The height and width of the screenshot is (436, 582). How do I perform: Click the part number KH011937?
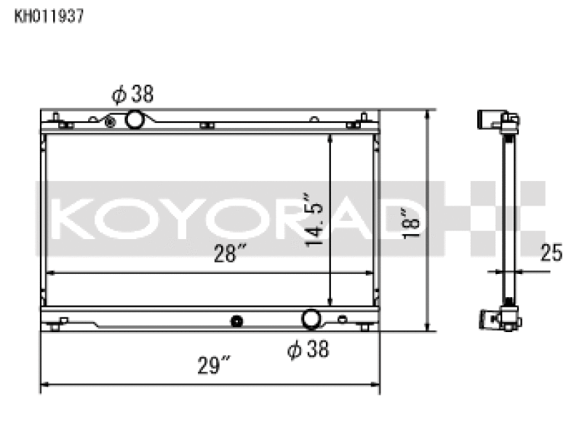(x=49, y=16)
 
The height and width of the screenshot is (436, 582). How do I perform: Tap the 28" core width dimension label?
(x=230, y=253)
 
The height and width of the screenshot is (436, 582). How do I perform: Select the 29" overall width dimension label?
(x=214, y=366)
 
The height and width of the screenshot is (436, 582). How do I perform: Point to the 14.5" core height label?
(x=314, y=220)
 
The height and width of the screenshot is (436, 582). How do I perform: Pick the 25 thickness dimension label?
(x=551, y=252)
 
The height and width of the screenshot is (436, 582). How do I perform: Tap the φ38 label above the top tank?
(x=132, y=94)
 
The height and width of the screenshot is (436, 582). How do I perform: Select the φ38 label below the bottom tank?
(x=308, y=350)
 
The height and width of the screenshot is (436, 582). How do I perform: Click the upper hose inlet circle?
(x=134, y=119)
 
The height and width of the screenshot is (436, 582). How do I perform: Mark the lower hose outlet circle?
(x=311, y=319)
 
